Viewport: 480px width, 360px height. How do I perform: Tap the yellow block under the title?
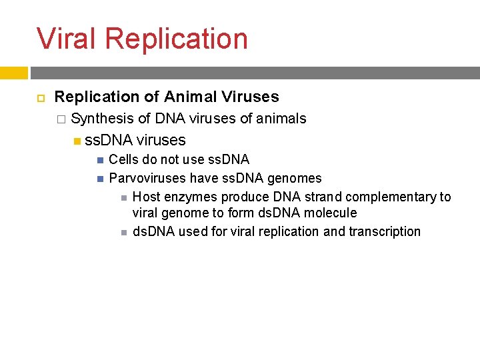point(13,73)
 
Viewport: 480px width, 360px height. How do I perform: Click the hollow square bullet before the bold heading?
point(38,97)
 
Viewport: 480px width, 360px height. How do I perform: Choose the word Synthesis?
point(102,119)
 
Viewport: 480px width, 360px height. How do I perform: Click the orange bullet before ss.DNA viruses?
point(77,141)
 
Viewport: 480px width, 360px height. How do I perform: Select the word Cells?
point(124,159)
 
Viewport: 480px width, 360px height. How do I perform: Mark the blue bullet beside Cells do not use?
point(99,160)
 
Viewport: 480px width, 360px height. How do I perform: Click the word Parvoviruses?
point(147,178)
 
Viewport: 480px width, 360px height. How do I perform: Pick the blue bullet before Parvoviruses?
point(99,179)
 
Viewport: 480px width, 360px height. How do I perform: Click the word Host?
point(146,197)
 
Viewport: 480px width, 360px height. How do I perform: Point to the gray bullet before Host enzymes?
point(123,197)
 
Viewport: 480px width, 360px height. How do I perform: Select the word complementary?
point(393,197)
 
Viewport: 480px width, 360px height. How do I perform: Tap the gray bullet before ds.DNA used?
point(123,232)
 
